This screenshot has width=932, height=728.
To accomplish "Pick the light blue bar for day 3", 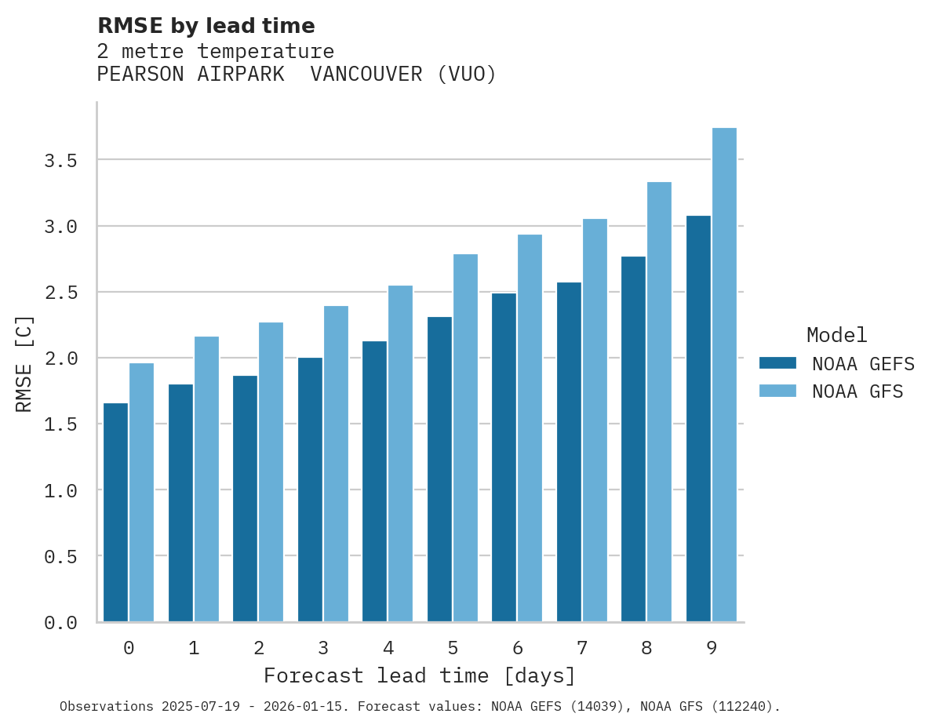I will [x=336, y=464].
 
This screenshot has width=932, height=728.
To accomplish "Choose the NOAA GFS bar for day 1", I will [x=206, y=479].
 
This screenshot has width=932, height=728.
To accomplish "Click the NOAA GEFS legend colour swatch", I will [x=777, y=363].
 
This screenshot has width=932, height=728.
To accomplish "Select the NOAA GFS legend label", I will [x=857, y=391].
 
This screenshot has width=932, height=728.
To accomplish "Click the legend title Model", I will [x=836, y=336].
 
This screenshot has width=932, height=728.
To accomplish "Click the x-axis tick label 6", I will [x=517, y=648].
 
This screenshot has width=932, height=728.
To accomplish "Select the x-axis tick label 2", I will [x=258, y=648].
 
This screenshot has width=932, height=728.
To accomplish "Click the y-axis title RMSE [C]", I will [x=24, y=363].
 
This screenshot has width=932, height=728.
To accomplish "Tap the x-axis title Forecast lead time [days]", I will [x=420, y=676].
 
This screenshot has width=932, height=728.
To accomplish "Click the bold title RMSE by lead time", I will [x=206, y=26].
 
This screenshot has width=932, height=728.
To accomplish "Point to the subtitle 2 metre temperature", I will [x=216, y=52].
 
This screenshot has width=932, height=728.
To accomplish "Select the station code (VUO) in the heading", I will [x=467, y=75].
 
